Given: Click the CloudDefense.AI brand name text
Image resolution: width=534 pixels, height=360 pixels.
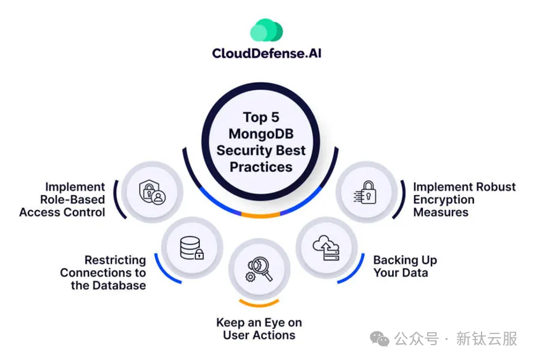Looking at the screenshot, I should coord(267,53).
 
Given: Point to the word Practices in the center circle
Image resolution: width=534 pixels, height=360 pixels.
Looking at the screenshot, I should coord(261,167).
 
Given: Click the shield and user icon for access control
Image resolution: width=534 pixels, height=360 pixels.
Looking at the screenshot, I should coord(152,191).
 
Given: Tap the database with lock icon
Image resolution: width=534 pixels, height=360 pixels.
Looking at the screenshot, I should coord(192,248).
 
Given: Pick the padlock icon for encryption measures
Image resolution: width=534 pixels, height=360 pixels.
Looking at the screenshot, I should coord(366,191).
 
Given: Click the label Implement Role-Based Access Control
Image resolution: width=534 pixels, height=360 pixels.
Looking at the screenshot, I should coord(62,199).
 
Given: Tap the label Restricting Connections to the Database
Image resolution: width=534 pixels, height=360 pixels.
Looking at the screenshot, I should coord(103,273).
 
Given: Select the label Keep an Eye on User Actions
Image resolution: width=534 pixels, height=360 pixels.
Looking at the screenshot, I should coord(259,329).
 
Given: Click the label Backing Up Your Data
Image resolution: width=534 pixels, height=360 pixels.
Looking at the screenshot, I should coord(405,266).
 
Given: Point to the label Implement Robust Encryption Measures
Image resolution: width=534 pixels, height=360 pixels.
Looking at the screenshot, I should coord(464,199).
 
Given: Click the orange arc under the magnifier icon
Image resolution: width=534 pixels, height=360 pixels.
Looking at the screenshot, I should coord(259,304).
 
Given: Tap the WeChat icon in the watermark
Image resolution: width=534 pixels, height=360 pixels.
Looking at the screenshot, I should coord(380,338).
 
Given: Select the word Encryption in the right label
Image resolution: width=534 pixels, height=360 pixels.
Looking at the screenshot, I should coord(444,199).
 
